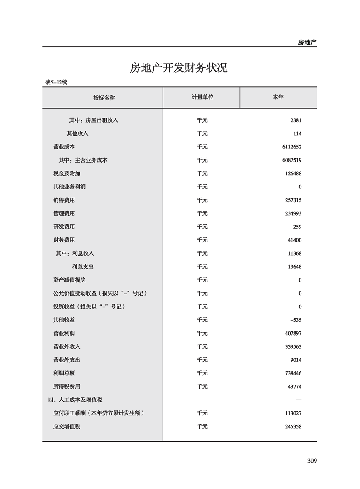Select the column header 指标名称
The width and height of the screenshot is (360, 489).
pos(104,98)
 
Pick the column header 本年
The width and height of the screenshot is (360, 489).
pos(278,98)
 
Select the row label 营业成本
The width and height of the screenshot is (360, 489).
pos(64,147)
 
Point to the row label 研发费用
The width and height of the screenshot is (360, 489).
pos(64,227)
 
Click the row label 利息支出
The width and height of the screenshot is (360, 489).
pos(83,267)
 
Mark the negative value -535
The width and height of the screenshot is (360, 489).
pos(296,320)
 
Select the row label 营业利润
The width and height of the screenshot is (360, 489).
pos(64,333)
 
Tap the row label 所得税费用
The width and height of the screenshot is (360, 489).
pos(67,386)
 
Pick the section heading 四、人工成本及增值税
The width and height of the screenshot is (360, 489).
pos(75,400)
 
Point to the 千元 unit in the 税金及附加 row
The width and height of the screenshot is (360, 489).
pos(202,173)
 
